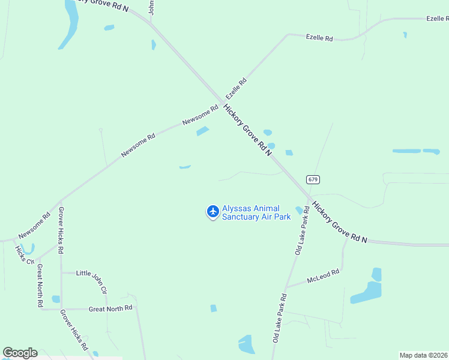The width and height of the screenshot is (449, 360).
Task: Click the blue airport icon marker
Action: [x=212, y=211]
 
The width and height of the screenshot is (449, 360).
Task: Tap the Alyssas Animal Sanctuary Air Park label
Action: [x=256, y=212]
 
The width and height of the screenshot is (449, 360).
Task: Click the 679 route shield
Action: [x=312, y=179]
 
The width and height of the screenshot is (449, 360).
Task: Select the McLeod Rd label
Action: [x=323, y=276]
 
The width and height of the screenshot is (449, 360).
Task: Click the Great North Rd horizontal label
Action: [x=110, y=308]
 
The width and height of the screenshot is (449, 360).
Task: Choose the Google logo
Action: [x=20, y=353]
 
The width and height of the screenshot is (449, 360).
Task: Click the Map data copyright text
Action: [x=424, y=355]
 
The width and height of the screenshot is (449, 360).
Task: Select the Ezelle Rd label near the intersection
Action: [x=236, y=89]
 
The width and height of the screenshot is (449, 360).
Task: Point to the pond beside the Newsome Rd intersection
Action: [x=202, y=131]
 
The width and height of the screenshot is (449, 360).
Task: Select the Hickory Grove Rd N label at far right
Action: [x=339, y=222]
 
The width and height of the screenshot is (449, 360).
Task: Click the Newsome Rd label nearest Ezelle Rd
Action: [x=200, y=115]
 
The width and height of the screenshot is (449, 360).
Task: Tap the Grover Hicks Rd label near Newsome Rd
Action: [x=61, y=230]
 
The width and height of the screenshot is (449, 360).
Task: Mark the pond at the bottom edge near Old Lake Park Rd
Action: [x=247, y=344]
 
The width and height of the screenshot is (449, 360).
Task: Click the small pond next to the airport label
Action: [x=298, y=210]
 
